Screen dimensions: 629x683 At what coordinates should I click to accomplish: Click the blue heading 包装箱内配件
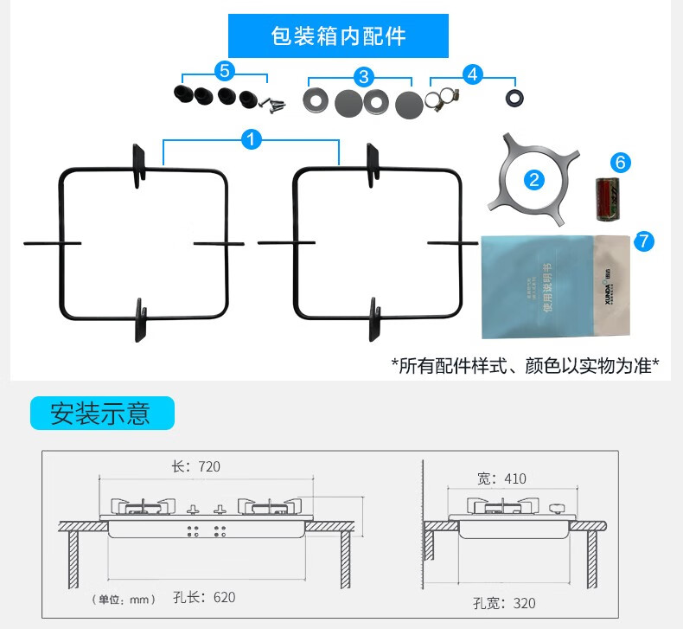click(x=338, y=37)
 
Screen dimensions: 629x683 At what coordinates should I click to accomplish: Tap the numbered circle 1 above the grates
click(x=252, y=138)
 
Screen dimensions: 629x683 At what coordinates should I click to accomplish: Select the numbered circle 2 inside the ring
click(x=534, y=180)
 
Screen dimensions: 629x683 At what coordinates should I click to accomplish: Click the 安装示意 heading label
click(x=101, y=414)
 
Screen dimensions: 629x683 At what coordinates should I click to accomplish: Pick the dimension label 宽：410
click(x=501, y=478)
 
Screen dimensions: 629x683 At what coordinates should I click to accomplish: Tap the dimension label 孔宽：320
click(x=504, y=602)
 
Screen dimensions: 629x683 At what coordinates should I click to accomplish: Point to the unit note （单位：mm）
click(x=124, y=600)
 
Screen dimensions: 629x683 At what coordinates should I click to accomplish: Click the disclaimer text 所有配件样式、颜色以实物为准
click(x=525, y=365)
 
